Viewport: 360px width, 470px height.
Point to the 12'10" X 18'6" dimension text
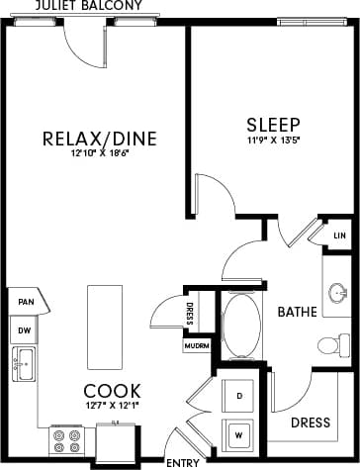pyautogui.click(x=100, y=153)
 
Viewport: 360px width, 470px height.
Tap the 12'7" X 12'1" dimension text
pyautogui.click(x=112, y=406)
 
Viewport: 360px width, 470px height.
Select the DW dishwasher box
pyautogui.click(x=23, y=329)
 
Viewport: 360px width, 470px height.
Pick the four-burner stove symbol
pyautogui.click(x=67, y=439)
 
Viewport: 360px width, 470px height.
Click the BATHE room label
pyautogui.click(x=296, y=313)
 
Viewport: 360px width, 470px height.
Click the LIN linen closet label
pyautogui.click(x=340, y=235)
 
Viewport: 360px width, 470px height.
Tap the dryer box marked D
pyautogui.click(x=239, y=395)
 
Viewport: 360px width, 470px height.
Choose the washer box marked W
pyautogui.click(x=239, y=431)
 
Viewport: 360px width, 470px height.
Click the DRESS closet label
pyautogui.click(x=311, y=422)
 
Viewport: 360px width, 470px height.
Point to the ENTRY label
pyautogui.click(x=182, y=462)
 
